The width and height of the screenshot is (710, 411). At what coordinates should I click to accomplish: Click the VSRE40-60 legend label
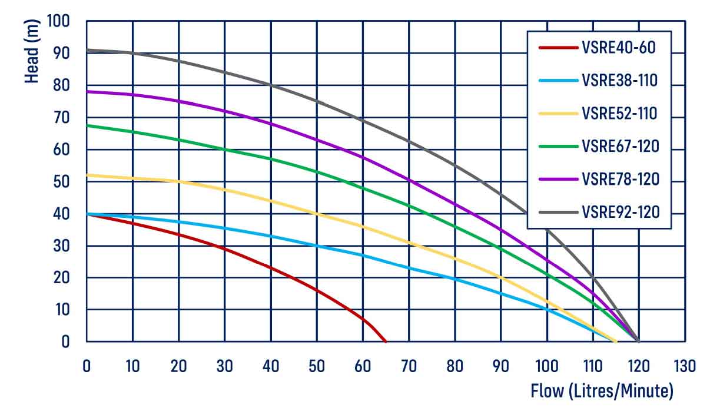pos(618,47)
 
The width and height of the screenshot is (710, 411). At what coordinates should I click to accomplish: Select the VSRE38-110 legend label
pos(619,80)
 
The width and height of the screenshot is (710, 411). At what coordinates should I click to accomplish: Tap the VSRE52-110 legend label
pos(619,113)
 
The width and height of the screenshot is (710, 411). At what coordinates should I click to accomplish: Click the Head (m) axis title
pos(32,52)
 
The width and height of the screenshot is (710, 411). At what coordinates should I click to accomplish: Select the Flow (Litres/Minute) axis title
pos(602,390)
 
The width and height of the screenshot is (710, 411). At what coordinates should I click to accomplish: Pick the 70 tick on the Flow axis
pos(409,366)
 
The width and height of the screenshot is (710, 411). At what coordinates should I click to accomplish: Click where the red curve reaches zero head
pos(386,342)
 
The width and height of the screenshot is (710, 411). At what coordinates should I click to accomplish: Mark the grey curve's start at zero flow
pos(87,50)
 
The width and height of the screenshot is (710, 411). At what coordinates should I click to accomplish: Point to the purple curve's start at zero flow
pos(87,92)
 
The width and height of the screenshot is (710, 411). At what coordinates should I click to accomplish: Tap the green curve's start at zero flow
pos(87,125)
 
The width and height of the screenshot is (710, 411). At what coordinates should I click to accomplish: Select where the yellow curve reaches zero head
pos(616,342)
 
